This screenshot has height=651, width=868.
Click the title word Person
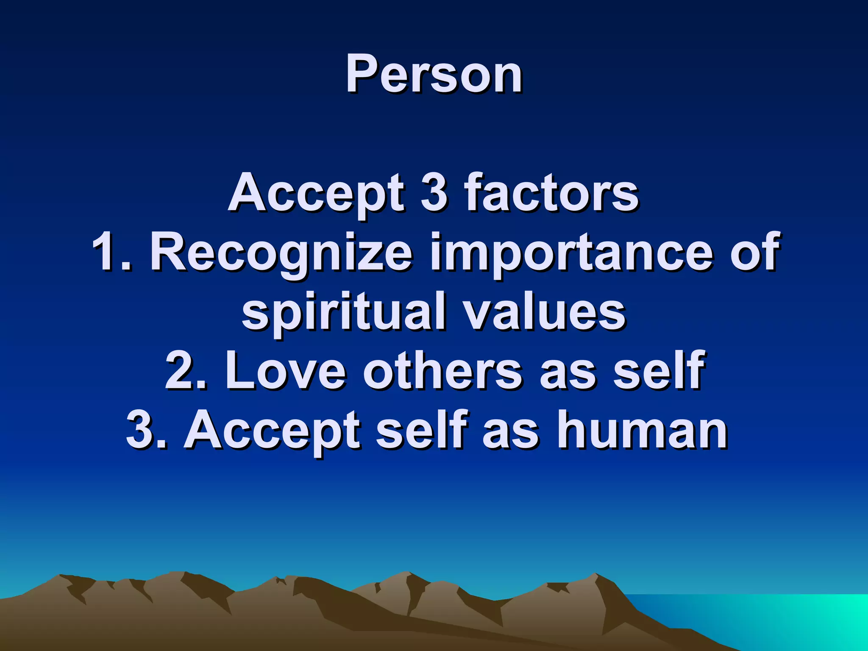coord(434,75)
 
